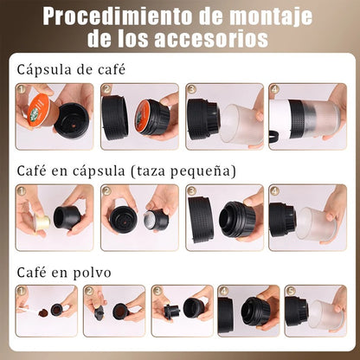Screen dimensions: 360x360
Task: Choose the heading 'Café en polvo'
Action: click(59, 270)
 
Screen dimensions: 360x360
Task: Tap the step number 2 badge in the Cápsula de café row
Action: click(106, 89)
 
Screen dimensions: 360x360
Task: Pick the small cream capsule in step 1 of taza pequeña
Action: click(39, 224)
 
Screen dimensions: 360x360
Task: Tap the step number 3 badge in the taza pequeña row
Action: click(190, 190)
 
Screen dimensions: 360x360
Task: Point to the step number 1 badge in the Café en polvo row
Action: click(22, 291)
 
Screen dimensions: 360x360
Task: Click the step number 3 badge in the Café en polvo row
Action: click(157, 291)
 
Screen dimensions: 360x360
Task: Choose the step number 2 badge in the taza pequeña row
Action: click(106, 190)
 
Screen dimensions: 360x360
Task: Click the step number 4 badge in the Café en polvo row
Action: click(223, 291)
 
